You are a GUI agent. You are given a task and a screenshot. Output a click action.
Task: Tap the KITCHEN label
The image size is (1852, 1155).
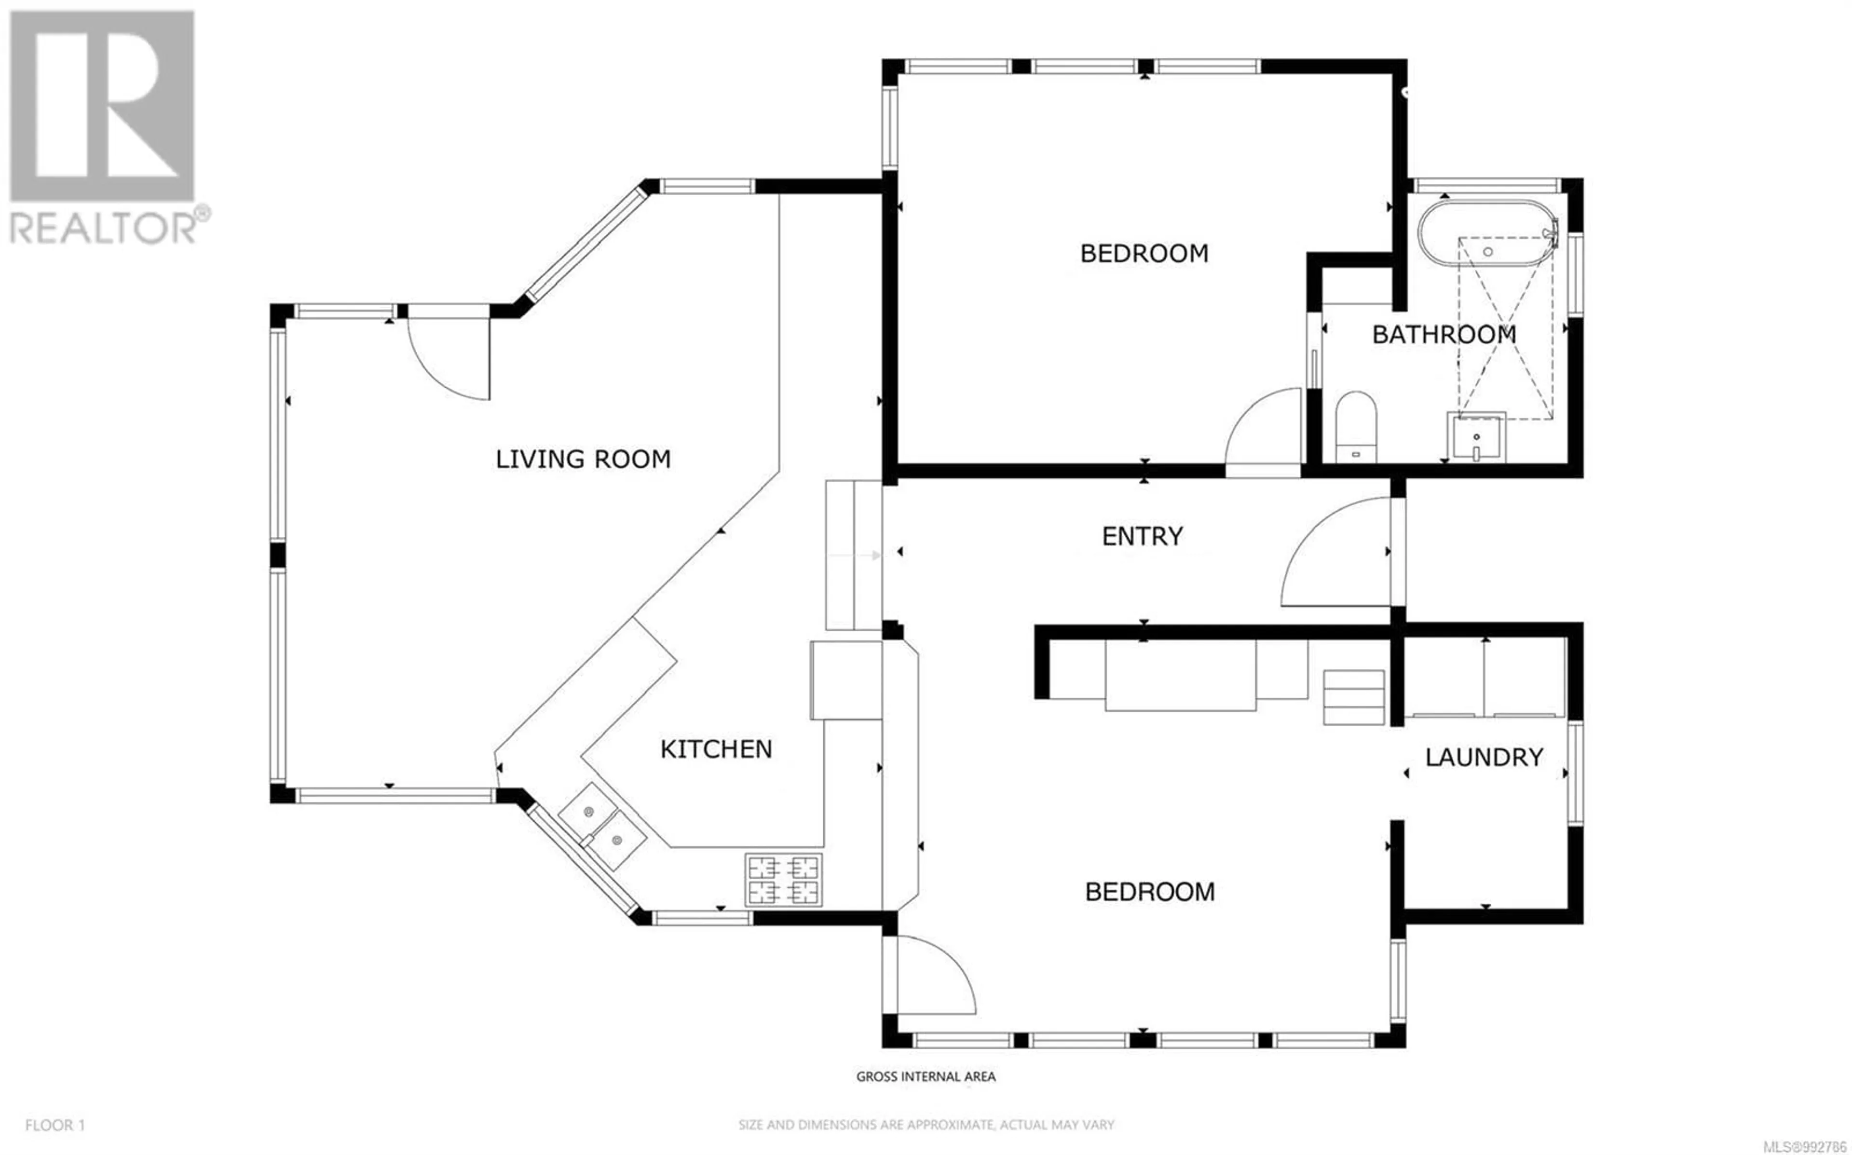tap(716, 749)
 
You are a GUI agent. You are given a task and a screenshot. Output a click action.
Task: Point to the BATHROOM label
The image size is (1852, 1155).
tap(1443, 335)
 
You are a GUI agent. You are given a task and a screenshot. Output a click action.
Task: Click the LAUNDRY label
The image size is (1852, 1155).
tap(1484, 757)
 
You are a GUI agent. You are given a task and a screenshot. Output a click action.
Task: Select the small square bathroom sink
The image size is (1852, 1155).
tap(1476, 438)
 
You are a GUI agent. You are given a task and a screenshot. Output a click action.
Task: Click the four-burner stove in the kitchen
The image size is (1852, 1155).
tap(784, 880)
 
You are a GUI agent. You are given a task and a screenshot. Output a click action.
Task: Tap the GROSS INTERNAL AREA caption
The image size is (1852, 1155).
tap(926, 1077)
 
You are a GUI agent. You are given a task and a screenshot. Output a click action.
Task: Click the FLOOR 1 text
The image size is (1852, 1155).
tap(55, 1125)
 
